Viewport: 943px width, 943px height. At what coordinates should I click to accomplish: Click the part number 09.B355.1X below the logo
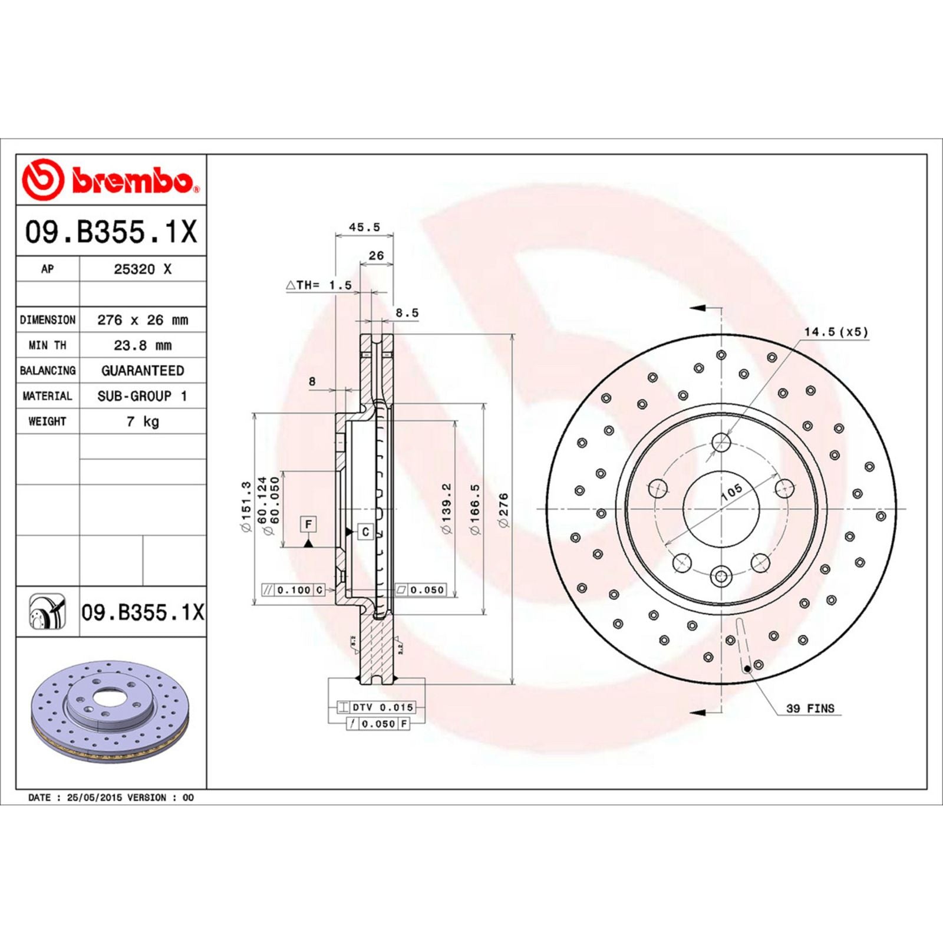pyautogui.click(x=110, y=232)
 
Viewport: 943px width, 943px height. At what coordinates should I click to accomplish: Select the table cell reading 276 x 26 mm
pyautogui.click(x=142, y=320)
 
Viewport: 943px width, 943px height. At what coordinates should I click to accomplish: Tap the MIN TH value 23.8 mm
pyautogui.click(x=142, y=345)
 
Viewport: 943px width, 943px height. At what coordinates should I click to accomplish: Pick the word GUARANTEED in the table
pyautogui.click(x=142, y=371)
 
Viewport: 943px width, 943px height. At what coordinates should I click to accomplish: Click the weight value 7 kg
pyautogui.click(x=142, y=421)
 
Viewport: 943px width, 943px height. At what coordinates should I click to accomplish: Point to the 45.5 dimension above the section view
pyautogui.click(x=364, y=227)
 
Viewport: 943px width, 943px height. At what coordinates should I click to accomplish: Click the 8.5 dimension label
pyautogui.click(x=407, y=313)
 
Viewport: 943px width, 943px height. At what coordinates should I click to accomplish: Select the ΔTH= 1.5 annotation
pyautogui.click(x=319, y=285)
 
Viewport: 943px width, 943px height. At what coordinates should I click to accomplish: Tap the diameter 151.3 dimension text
pyautogui.click(x=246, y=507)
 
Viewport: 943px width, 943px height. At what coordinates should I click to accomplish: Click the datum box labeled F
pyautogui.click(x=308, y=524)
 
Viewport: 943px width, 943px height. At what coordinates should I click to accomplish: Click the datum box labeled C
pyautogui.click(x=365, y=532)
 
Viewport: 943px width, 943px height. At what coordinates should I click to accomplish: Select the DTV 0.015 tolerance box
pyautogui.click(x=382, y=707)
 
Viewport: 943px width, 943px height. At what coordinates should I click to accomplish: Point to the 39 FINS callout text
pyautogui.click(x=810, y=708)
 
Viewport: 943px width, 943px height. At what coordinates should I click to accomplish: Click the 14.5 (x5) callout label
pyautogui.click(x=836, y=332)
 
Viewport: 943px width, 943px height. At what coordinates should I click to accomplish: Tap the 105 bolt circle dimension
pyautogui.click(x=731, y=492)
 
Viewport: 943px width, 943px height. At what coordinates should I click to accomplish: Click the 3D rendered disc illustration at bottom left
pyautogui.click(x=110, y=710)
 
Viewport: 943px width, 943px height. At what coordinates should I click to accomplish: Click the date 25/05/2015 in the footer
pyautogui.click(x=94, y=797)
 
